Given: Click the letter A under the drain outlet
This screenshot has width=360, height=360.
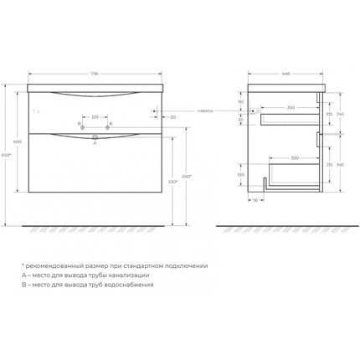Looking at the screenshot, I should tap(95, 142).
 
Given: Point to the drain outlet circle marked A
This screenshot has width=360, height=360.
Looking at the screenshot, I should tap(95, 136).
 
